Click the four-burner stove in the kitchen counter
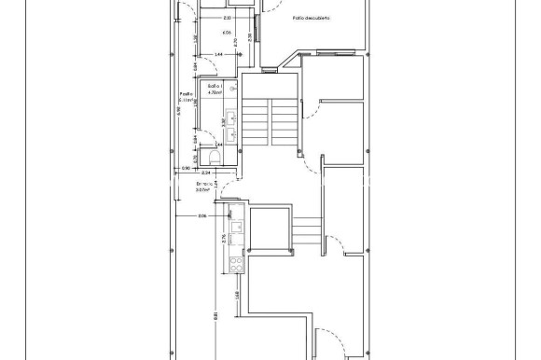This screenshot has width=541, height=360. tap(235, 263)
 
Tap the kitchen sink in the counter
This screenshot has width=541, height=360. tap(235, 224)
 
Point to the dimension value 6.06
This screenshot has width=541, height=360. tap(226, 33)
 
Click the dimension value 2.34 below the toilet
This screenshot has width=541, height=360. tap(206, 173)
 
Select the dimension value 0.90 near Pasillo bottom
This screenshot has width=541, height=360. tap(186, 169)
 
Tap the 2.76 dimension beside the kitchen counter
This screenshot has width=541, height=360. tap(224, 239)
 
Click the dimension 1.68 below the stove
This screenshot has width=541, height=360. tap(238, 296)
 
